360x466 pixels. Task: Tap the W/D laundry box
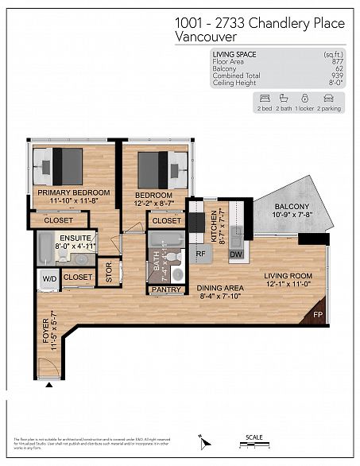click(48, 278)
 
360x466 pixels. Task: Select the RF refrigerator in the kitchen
click(201, 254)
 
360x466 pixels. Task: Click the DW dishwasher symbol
click(236, 254)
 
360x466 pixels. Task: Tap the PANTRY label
click(165, 290)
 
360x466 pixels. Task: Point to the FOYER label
click(45, 330)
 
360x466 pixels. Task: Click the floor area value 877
click(338, 60)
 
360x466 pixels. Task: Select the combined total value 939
click(338, 76)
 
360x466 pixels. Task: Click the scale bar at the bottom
click(255, 445)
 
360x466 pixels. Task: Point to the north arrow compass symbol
click(203, 440)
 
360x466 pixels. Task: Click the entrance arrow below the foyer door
click(49, 386)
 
